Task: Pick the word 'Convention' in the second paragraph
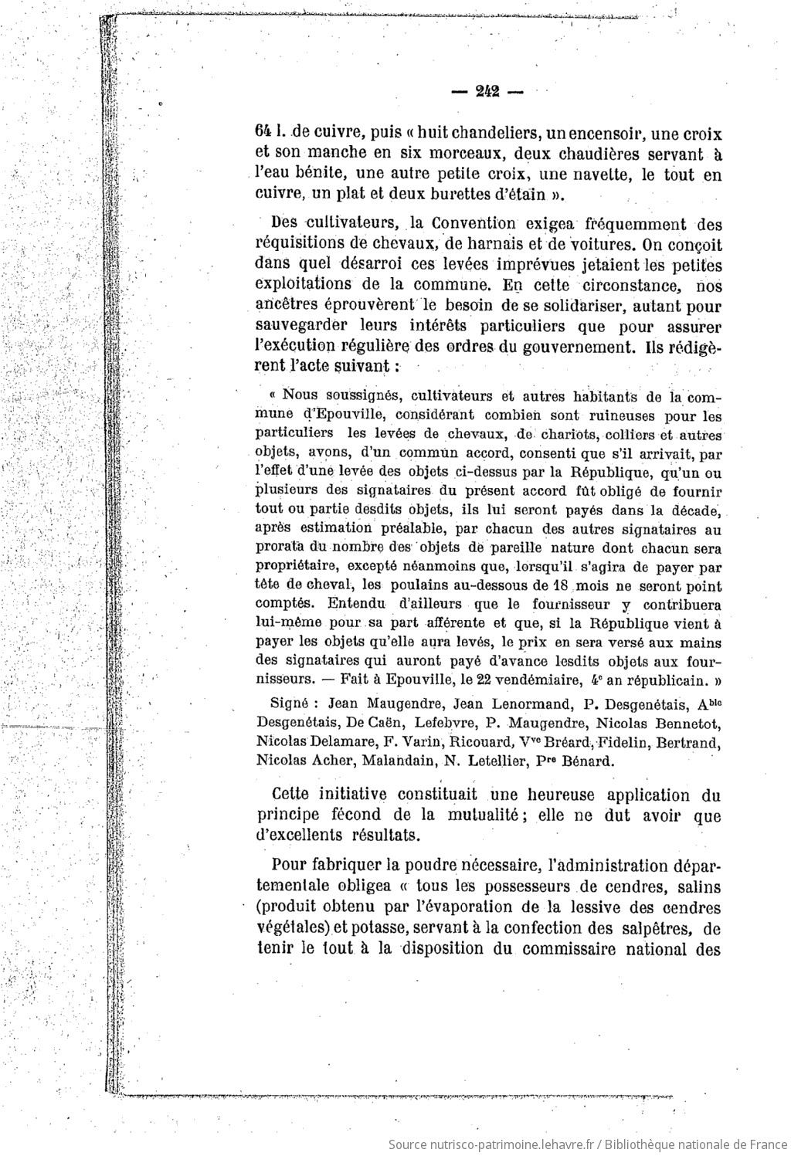(x=474, y=224)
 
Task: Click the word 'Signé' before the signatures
(x=290, y=704)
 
